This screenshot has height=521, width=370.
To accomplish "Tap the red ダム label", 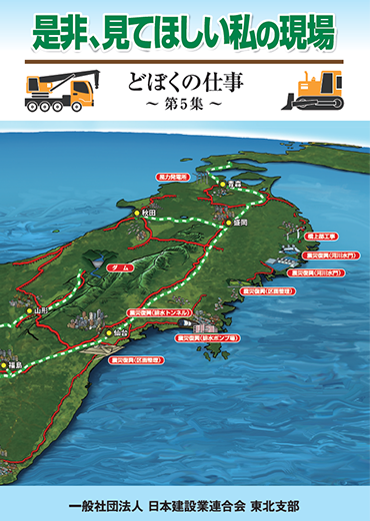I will tap(118, 268).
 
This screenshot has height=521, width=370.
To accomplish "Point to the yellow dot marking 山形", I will tap(31, 310).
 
